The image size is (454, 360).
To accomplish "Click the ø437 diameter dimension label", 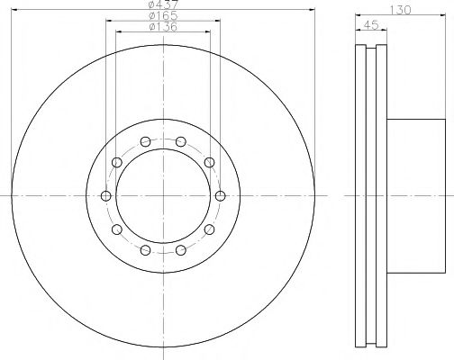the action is click(164, 4).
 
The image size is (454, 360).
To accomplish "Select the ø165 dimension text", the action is click(163, 15).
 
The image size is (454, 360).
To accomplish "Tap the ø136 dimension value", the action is click(163, 27).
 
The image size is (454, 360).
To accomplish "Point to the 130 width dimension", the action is click(401, 10).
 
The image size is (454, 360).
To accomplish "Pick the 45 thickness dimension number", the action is click(371, 25).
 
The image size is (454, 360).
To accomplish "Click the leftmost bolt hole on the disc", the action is click(106, 196).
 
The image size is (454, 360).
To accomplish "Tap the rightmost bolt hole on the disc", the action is click(221, 196).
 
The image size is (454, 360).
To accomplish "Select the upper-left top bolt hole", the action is click(145, 141).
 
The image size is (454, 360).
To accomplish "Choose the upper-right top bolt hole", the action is click(181, 141).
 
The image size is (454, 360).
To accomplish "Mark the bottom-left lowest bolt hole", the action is click(145, 250).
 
